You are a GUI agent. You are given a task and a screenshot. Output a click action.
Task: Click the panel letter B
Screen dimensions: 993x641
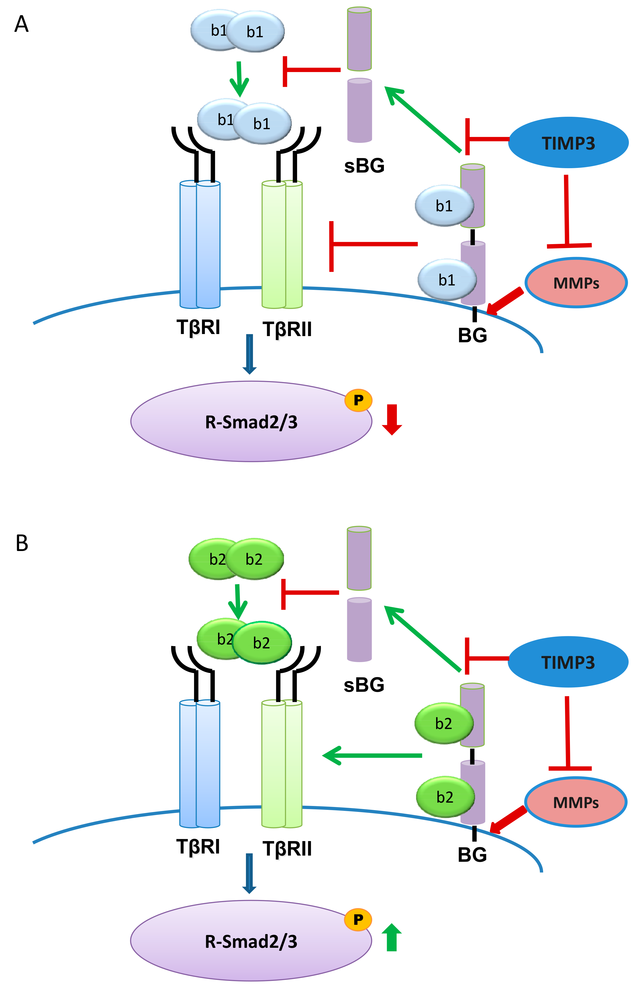tap(22, 543)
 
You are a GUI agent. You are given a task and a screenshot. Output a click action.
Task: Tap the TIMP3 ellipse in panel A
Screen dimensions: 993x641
tap(568, 143)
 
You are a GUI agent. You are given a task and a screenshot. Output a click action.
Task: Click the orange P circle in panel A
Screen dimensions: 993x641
tap(358, 400)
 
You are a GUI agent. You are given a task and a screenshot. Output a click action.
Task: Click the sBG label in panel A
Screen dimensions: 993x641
tap(364, 166)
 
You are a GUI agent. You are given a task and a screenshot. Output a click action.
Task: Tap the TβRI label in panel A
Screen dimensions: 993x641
tap(198, 327)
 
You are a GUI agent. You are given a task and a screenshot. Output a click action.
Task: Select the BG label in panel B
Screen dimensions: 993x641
tap(472, 855)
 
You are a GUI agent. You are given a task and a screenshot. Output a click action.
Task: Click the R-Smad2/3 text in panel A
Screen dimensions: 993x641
tap(251, 422)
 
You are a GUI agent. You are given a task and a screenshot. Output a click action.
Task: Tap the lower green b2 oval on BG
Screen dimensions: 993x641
tap(445, 797)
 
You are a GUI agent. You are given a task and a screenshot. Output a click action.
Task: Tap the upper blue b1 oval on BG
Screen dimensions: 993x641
tap(444, 206)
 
